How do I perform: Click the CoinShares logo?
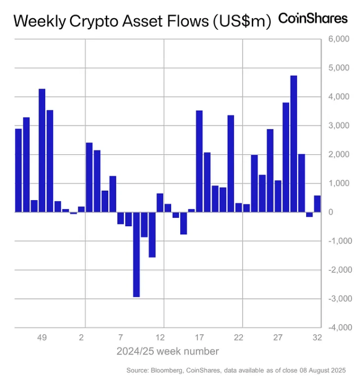coord(313,19)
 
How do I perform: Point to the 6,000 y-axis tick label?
coord(338,39)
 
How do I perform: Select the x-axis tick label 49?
coord(42,338)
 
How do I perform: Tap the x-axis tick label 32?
coord(317,338)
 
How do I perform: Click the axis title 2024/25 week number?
coord(167,351)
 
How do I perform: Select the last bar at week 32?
coord(317,203)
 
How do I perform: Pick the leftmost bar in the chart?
coord(18,170)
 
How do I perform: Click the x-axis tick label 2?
coord(81,338)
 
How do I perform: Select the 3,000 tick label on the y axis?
coord(338,125)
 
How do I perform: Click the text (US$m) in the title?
coord(242,21)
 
